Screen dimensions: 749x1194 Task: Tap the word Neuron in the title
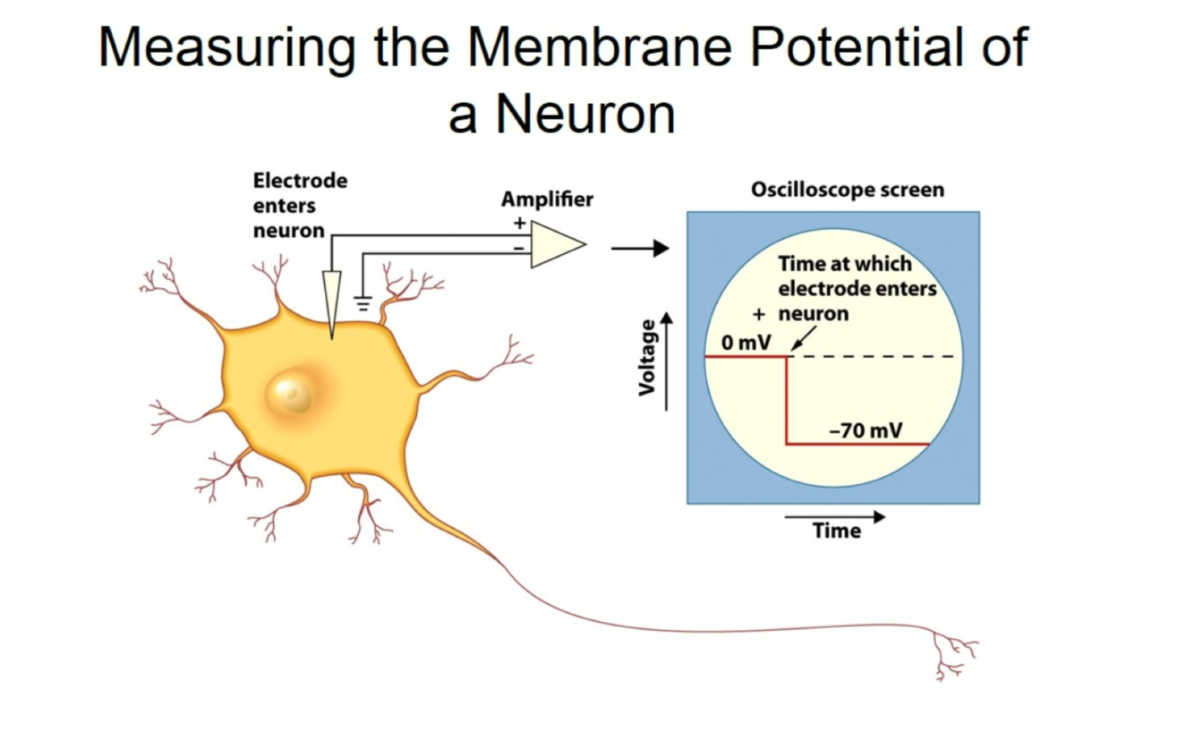[585, 114]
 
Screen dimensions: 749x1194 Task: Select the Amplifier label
[546, 199]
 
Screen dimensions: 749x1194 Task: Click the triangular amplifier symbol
[556, 244]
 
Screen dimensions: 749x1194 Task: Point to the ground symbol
[362, 302]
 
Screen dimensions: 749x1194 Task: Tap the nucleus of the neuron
[290, 393]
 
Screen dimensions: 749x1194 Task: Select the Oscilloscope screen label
[847, 191]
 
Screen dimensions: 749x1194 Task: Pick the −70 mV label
[866, 430]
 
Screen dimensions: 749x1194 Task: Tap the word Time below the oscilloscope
[836, 531]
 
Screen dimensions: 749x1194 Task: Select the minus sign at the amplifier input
[517, 248]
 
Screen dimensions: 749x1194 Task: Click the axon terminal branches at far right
[954, 656]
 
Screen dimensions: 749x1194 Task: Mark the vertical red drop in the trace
[786, 400]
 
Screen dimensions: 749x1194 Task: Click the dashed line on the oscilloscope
[873, 356]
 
